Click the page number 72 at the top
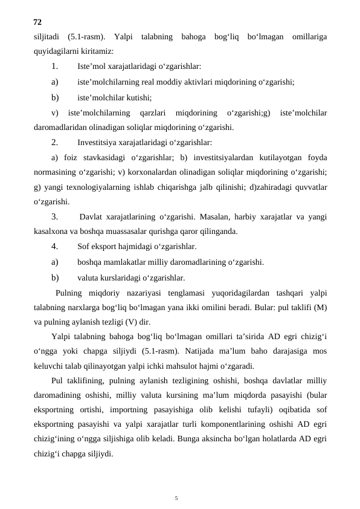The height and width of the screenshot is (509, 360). point(37,22)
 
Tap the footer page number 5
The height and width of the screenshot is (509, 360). point(176,481)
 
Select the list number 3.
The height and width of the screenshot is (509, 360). point(55,216)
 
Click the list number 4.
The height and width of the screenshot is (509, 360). point(55,247)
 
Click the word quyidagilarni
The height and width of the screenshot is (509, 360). point(56,51)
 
